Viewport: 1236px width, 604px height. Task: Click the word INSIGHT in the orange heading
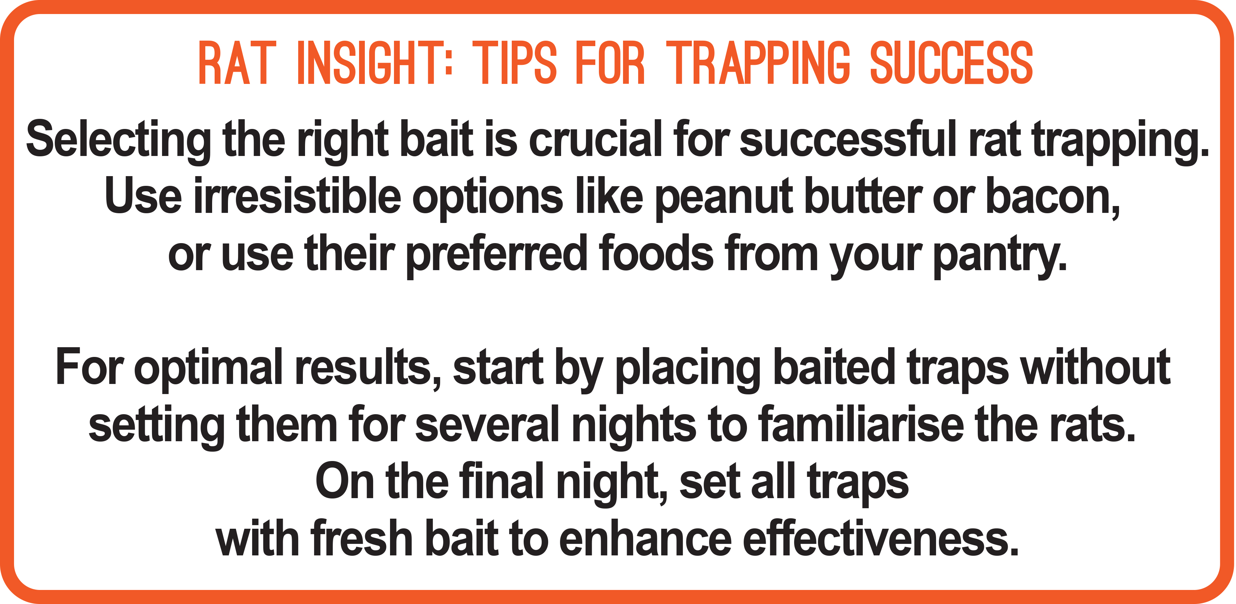[x=375, y=63]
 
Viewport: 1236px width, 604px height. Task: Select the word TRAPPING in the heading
[x=758, y=63]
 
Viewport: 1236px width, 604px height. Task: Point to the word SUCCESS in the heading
[x=951, y=63]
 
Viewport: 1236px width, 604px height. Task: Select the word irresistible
[x=297, y=196]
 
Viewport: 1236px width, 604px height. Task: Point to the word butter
[x=863, y=196]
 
